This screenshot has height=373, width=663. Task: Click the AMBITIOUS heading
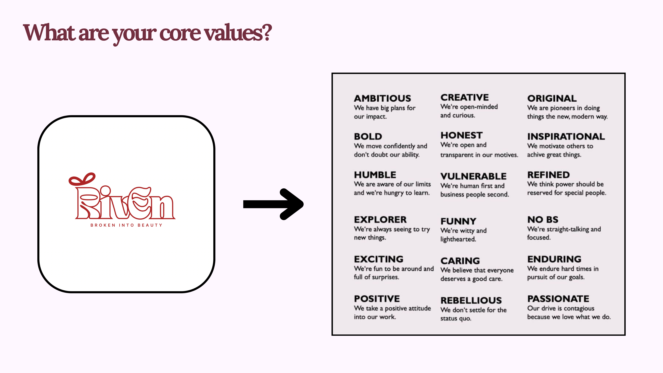[382, 98]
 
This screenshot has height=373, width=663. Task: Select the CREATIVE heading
[465, 97]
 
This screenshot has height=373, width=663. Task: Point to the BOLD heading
[368, 136]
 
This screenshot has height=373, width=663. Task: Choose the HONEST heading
[461, 135]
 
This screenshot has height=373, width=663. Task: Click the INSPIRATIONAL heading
[566, 136]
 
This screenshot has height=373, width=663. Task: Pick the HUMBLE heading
[375, 175]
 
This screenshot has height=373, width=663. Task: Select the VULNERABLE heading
[473, 176]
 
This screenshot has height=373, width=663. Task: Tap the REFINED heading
[549, 175]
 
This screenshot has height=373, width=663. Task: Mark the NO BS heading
[543, 220]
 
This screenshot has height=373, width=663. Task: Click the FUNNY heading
[458, 221]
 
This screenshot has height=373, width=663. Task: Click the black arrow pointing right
[273, 204]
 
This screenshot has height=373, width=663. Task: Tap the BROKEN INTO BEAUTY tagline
[126, 225]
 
